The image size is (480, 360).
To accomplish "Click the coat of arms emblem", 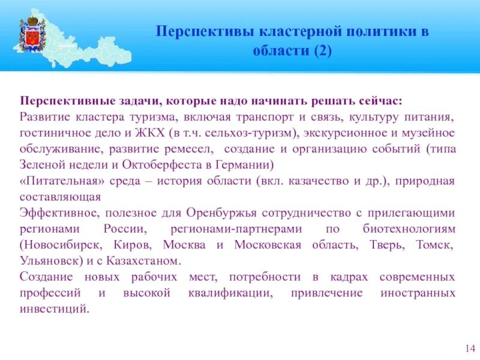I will (32, 36).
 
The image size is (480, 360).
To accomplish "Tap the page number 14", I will (470, 349).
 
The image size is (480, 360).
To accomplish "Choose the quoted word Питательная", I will (67, 181).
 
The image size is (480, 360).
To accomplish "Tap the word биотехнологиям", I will (409, 229).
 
